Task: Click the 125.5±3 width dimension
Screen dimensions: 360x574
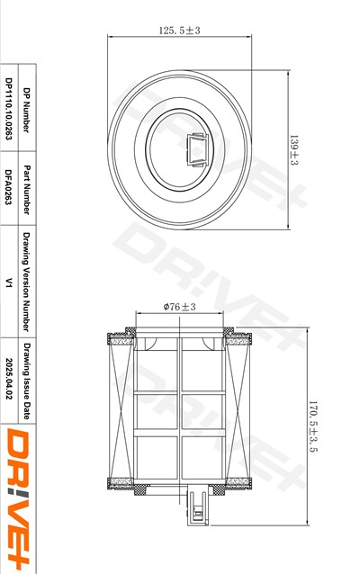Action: [179, 31]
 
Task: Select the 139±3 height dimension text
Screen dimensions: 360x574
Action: [293, 150]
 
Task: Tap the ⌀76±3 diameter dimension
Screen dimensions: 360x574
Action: [179, 307]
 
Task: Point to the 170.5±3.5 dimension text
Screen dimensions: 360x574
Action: [313, 426]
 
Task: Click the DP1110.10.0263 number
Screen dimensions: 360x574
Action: [9, 109]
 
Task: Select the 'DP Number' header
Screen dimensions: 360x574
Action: [27, 110]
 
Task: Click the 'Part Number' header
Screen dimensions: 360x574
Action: [27, 190]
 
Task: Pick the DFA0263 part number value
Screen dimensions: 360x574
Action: [9, 187]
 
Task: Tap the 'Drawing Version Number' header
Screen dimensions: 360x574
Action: [27, 282]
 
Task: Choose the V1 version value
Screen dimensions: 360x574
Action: [9, 283]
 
